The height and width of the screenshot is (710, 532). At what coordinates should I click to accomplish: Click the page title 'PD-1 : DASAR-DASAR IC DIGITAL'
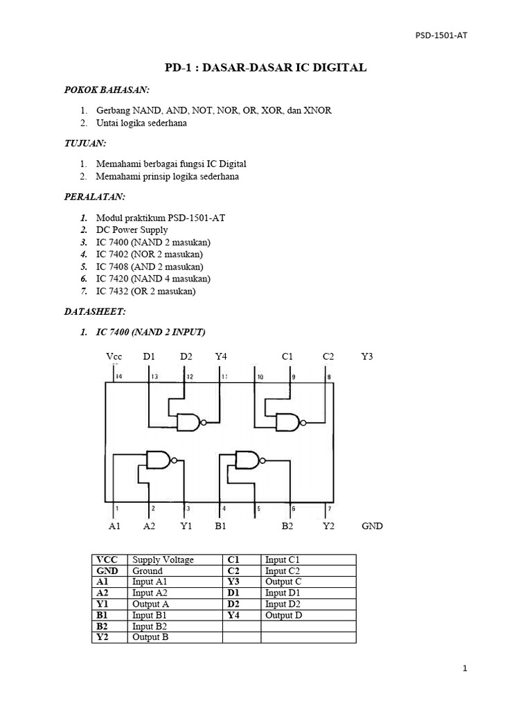[x=265, y=68]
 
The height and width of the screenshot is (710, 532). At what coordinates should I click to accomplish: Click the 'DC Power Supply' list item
[x=132, y=230]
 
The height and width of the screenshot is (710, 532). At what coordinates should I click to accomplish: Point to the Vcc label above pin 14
[x=114, y=356]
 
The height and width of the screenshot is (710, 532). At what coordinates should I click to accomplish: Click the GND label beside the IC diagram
[x=372, y=526]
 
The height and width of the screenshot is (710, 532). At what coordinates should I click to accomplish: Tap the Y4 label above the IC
[x=221, y=356]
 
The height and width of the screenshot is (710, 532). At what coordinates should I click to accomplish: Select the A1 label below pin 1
[x=115, y=526]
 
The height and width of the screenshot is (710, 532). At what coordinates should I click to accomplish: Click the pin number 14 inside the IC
[x=118, y=376]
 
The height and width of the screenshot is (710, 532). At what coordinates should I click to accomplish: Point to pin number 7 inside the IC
[x=328, y=509]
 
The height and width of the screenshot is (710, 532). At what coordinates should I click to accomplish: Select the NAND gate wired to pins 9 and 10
[x=290, y=421]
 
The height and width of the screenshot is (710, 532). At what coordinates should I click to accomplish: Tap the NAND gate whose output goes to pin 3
[x=159, y=458]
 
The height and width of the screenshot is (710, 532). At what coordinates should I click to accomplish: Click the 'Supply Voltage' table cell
[x=163, y=560]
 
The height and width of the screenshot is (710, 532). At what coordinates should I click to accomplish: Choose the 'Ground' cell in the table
[x=148, y=571]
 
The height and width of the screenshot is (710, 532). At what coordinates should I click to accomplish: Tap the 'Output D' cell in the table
[x=283, y=615]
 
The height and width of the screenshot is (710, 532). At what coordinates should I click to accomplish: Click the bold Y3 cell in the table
[x=233, y=582]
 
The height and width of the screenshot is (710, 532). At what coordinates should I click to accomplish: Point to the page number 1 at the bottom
[x=465, y=669]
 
